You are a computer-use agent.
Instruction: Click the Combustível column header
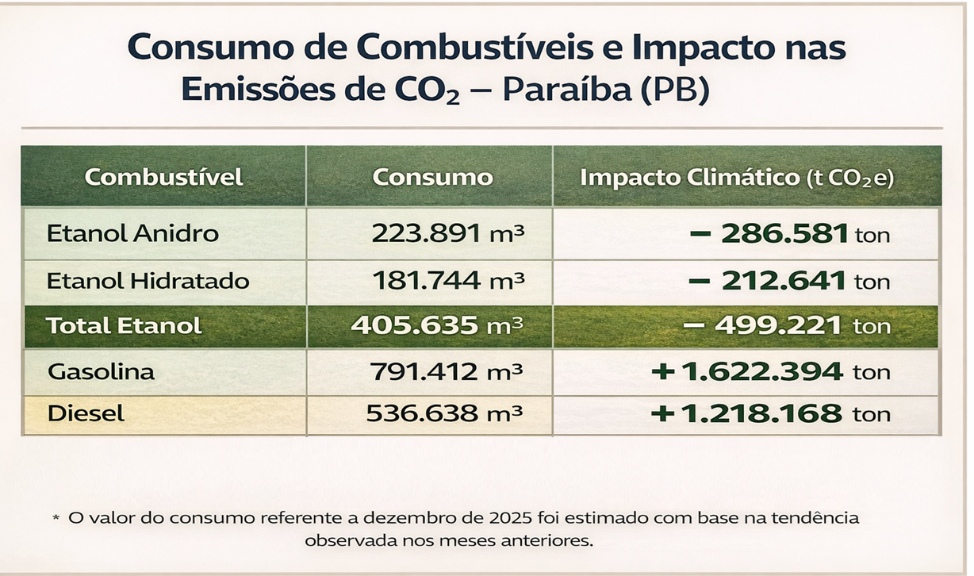(x=164, y=176)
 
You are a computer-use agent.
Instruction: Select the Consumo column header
(x=432, y=176)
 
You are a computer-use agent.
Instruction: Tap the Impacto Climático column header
(x=737, y=177)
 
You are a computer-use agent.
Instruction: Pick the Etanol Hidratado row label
(x=148, y=281)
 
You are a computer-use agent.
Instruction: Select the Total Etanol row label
(x=124, y=325)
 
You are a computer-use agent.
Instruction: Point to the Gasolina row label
(x=102, y=371)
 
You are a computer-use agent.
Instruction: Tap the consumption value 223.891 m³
(x=447, y=234)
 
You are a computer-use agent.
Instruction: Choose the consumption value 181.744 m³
(x=447, y=281)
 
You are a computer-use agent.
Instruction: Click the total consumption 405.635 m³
(x=437, y=325)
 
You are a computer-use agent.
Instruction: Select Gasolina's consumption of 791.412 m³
(x=447, y=371)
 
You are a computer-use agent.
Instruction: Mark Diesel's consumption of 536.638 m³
(x=444, y=413)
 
